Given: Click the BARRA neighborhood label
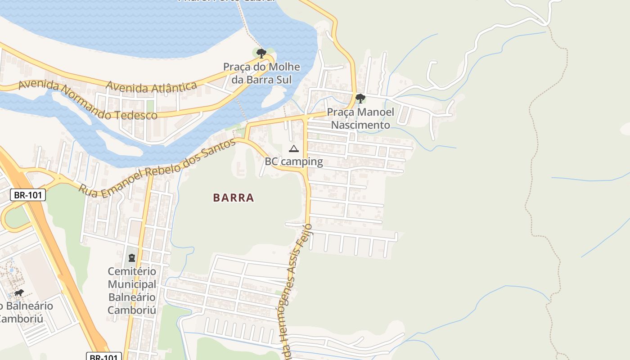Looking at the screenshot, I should click(234, 198).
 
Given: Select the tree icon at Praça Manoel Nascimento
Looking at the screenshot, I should click(360, 99).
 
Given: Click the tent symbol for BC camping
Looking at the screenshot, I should click(293, 149).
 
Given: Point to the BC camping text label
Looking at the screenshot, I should click(293, 162).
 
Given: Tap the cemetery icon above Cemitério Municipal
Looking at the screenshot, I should click(131, 258).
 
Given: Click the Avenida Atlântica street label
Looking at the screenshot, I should click(151, 86).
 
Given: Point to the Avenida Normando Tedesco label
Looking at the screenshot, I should click(88, 101).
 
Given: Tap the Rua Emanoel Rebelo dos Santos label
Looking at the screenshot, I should click(157, 167).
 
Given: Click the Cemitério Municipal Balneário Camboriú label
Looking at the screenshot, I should click(131, 291).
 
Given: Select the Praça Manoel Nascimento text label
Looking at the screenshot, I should click(360, 118).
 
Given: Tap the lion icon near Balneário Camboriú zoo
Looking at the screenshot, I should click(18, 293).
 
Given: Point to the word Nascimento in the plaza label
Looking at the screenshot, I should click(360, 125).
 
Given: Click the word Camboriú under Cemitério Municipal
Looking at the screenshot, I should click(131, 310).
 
